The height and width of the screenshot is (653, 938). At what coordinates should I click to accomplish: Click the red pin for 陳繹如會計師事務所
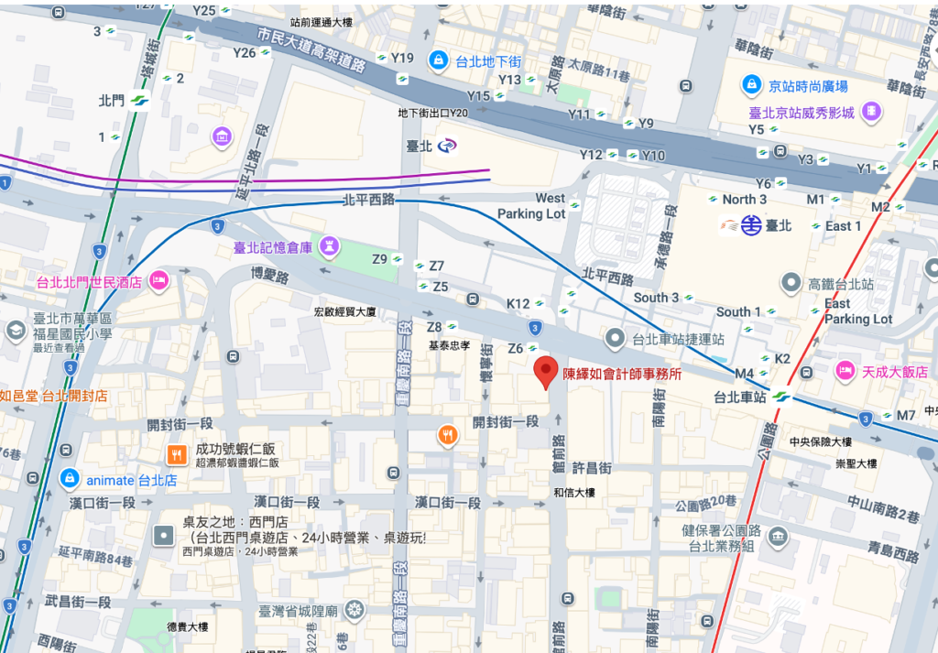click(x=547, y=371)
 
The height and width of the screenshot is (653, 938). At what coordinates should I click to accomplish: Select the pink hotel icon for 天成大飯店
click(x=844, y=372)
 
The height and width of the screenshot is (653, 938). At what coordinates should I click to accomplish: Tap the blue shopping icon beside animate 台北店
click(x=68, y=479)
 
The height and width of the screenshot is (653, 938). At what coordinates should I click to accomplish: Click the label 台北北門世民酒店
click(x=88, y=282)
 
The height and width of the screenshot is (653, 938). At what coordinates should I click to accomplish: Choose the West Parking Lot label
click(x=531, y=206)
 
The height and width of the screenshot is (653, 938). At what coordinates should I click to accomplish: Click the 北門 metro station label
click(x=111, y=101)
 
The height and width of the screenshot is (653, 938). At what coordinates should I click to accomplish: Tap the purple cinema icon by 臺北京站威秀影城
click(x=872, y=112)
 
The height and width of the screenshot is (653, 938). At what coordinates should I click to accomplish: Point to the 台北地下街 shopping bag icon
click(x=439, y=60)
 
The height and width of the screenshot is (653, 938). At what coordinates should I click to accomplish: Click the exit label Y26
click(x=245, y=52)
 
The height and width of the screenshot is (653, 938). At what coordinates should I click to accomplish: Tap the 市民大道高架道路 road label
click(x=312, y=50)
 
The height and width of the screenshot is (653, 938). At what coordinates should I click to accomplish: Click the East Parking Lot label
click(x=857, y=311)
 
